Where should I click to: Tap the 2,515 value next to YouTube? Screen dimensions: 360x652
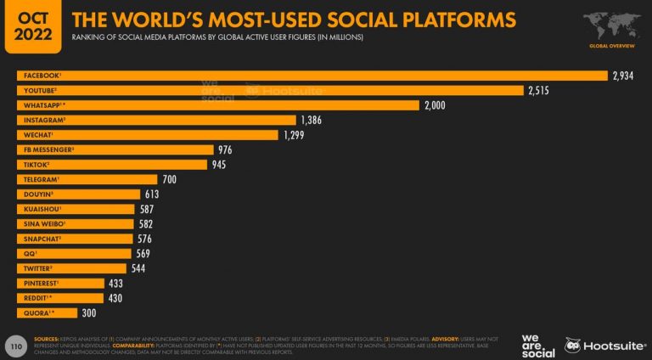[539, 90]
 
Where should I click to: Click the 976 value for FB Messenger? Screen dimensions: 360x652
[225, 149]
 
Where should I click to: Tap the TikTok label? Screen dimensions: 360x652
[36, 165]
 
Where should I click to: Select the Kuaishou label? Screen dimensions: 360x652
[40, 209]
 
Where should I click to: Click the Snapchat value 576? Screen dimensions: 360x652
[146, 239]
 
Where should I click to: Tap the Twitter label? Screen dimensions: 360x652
[38, 268]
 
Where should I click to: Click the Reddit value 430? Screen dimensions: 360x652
[115, 298]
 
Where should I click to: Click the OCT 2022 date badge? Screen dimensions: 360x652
[31, 26]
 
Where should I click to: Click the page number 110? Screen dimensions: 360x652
[14, 346]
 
